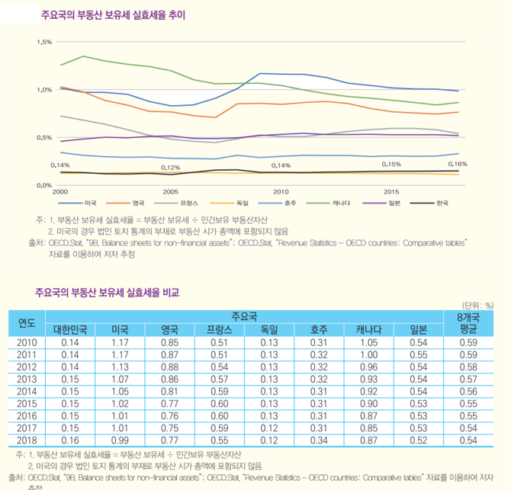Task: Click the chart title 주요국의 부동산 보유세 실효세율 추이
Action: (113, 14)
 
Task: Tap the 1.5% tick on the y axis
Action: (43, 42)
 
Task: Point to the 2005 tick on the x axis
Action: (170, 191)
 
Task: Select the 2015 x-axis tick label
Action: (391, 191)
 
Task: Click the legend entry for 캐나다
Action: (341, 203)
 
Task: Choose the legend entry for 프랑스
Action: (190, 203)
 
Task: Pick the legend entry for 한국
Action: (441, 203)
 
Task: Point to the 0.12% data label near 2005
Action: (170, 168)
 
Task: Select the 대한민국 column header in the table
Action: (70, 330)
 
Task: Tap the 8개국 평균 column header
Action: (468, 323)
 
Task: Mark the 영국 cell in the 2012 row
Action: (170, 366)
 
